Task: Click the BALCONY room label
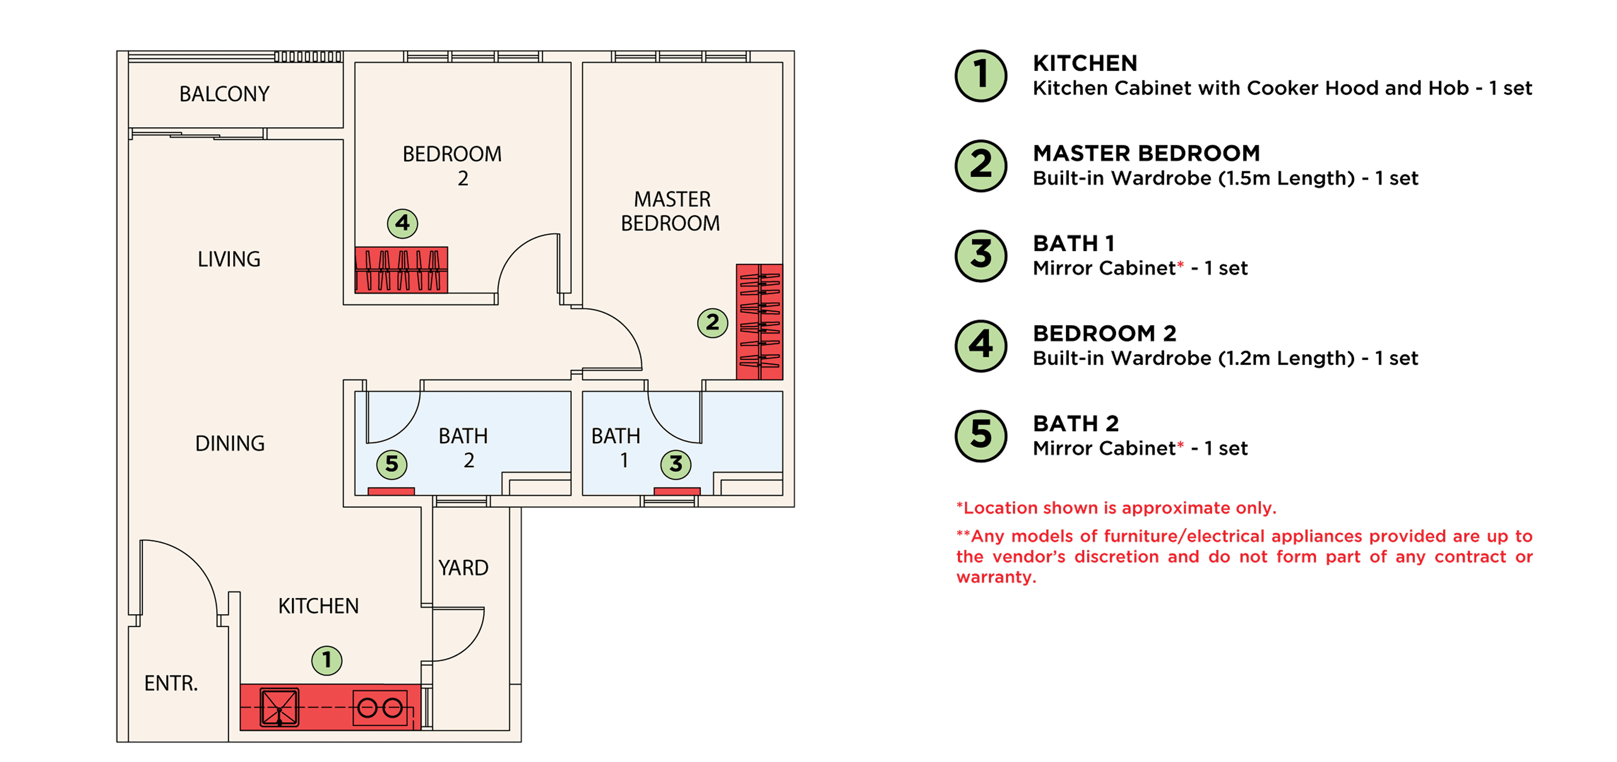[x=224, y=94]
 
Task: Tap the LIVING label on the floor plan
[x=229, y=259]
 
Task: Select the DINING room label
[x=230, y=443]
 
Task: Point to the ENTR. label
[x=171, y=683]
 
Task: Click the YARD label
[x=463, y=568]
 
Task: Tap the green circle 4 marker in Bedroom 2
[x=402, y=223]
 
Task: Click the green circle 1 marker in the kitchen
[x=327, y=660]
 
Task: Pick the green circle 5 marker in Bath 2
[x=392, y=464]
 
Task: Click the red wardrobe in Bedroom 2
[x=401, y=270]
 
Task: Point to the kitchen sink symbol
[x=279, y=707]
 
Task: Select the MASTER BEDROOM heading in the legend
[x=1146, y=153]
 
